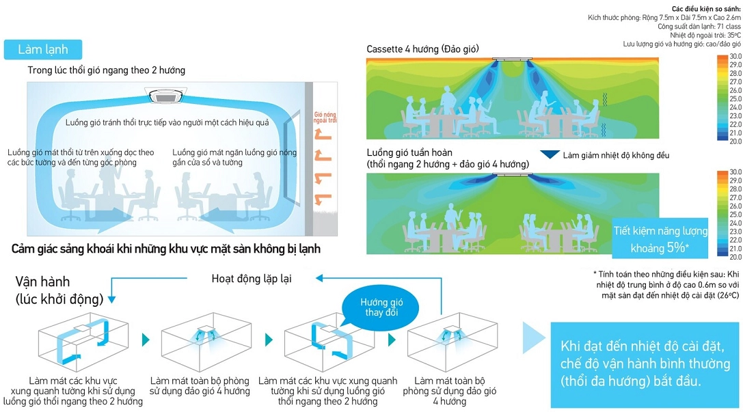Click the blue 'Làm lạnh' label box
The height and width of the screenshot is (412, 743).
coord(42,50)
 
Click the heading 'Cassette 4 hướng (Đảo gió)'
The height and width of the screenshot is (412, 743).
coord(422,49)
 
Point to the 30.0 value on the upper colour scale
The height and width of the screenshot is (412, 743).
coord(735,56)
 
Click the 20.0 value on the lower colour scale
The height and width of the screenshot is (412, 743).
coord(735,257)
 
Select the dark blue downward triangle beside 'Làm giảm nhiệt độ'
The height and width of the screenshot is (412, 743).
coord(550,155)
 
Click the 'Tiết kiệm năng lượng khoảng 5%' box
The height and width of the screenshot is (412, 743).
coord(660,239)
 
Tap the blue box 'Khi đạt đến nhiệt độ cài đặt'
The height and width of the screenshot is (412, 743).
coord(645,362)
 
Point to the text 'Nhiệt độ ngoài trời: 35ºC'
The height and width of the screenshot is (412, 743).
coord(705,35)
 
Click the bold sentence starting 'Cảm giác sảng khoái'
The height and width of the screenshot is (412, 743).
coord(166,249)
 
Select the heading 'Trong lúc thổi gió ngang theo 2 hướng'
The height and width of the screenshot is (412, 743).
coord(106,70)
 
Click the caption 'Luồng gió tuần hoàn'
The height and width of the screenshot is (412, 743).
coord(409,152)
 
